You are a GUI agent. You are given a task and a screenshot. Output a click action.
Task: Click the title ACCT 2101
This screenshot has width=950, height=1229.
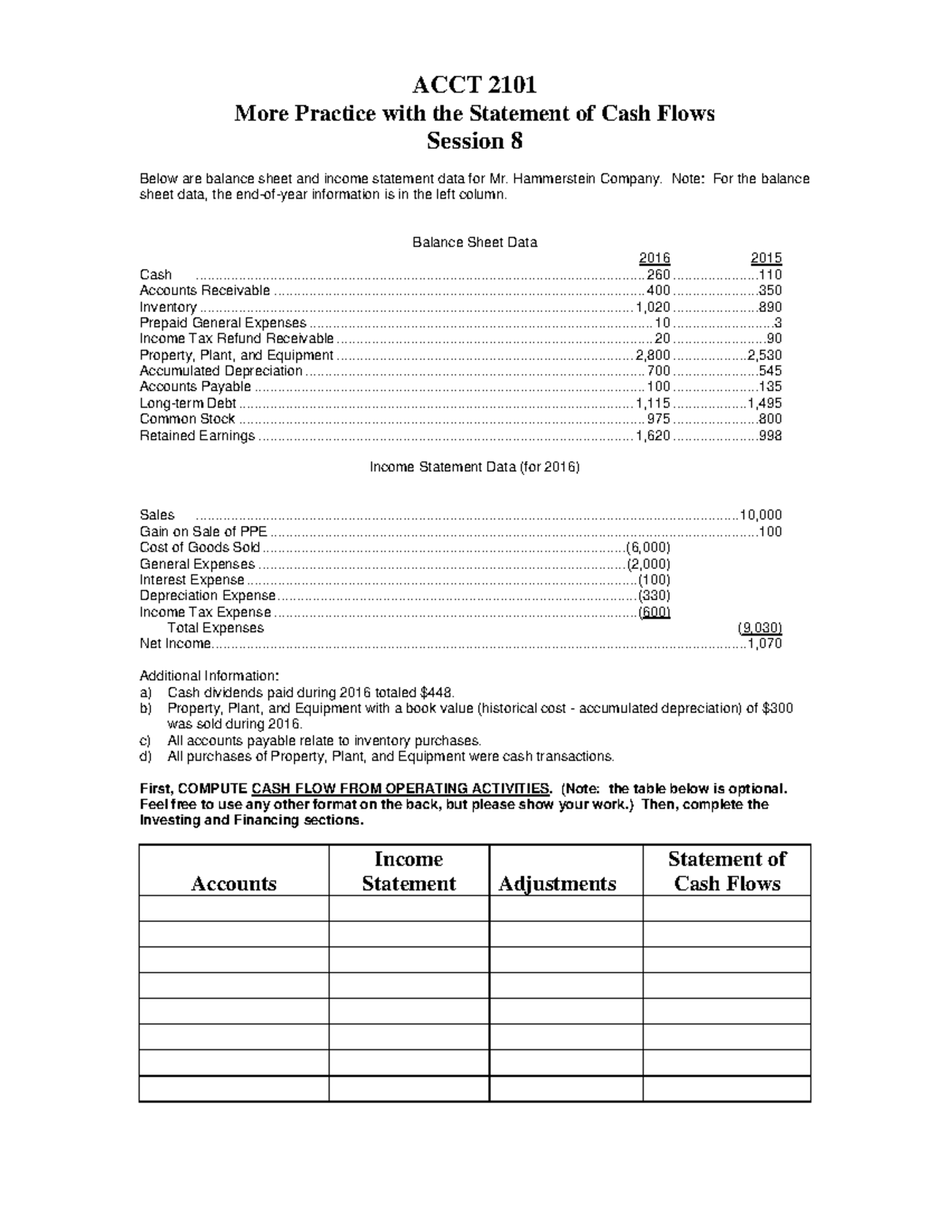point(474,85)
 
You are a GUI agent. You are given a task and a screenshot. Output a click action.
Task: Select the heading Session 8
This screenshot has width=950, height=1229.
point(474,142)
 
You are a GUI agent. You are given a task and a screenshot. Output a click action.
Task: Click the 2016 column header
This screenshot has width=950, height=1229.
point(654,258)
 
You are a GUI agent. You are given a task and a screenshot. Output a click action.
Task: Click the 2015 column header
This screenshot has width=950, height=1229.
point(766,258)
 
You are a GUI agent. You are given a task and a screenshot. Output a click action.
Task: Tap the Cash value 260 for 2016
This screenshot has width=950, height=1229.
point(659,275)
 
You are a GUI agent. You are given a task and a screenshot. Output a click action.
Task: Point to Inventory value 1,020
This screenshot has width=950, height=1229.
point(653,307)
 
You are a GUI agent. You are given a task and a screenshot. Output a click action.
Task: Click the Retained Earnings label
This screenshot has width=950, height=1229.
point(197,435)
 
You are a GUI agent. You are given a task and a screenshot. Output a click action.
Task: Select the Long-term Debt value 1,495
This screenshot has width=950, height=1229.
point(765,403)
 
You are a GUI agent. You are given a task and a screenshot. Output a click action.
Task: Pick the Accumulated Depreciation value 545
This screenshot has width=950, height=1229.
point(770,370)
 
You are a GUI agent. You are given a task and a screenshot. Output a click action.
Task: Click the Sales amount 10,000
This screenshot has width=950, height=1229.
point(761,514)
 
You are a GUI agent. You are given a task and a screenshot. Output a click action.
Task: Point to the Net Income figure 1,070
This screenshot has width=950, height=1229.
point(765,643)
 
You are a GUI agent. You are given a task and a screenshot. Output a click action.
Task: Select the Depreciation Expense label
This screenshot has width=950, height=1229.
point(207,595)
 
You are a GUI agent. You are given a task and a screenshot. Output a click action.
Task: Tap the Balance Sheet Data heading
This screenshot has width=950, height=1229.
point(474,242)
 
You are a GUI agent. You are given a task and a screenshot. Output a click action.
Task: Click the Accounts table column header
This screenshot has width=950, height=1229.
point(234,883)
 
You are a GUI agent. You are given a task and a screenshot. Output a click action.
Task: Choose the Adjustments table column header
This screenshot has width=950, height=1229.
point(557,883)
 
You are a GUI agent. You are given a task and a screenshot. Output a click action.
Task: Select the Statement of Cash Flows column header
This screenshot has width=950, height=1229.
point(727,871)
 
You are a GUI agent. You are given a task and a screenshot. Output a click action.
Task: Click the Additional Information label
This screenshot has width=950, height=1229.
point(209,676)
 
